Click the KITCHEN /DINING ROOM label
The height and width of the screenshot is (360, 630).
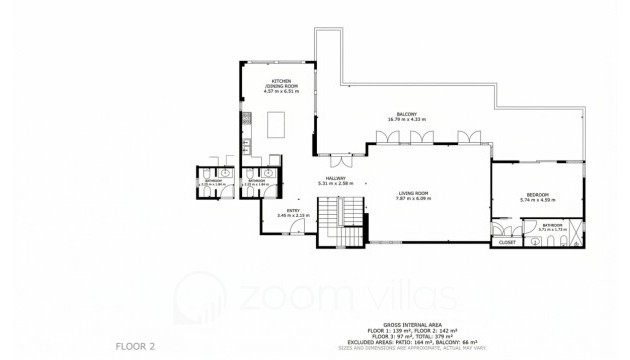pyautogui.click(x=282, y=84)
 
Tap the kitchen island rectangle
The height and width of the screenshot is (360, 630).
pyautogui.click(x=276, y=125)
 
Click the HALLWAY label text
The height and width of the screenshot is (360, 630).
pyautogui.click(x=336, y=178)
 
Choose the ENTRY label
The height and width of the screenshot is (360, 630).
pyautogui.click(x=293, y=210)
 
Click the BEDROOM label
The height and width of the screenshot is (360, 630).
pyautogui.click(x=536, y=194)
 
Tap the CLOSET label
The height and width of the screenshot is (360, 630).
pyautogui.click(x=507, y=241)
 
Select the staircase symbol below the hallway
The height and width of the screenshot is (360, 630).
pyautogui.click(x=340, y=216)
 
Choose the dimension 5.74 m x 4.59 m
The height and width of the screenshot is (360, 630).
pyautogui.click(x=536, y=200)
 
